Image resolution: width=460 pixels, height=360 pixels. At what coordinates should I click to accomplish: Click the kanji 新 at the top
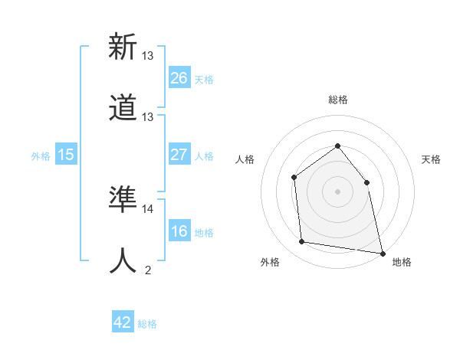(x=123, y=47)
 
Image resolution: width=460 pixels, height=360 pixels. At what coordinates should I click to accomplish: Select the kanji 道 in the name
(x=123, y=107)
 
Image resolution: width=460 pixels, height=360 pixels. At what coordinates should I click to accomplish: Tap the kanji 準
(x=123, y=199)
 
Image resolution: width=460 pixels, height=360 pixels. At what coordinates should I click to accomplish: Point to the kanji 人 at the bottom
(x=123, y=260)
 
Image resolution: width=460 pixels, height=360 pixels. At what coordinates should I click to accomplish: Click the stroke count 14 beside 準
(x=148, y=208)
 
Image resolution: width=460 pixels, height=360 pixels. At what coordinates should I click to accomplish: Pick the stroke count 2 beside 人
(x=148, y=270)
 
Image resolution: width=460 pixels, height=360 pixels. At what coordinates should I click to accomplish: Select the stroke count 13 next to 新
(x=148, y=55)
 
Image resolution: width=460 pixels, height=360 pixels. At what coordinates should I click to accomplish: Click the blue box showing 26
(x=179, y=78)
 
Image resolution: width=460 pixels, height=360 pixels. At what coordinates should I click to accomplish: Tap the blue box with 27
(x=179, y=155)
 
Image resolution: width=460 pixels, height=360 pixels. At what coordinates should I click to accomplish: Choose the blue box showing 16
(x=179, y=231)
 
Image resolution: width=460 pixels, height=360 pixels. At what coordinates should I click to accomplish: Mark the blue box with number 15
(x=66, y=155)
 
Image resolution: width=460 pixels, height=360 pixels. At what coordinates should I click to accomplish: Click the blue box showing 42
(x=123, y=322)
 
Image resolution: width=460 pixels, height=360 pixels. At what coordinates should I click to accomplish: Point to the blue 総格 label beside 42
(x=147, y=324)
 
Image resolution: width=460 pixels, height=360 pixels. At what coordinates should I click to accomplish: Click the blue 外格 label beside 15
(x=41, y=156)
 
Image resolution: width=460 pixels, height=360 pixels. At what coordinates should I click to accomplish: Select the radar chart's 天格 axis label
(x=431, y=159)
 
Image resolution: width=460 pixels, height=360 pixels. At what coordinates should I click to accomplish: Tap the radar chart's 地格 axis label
(x=402, y=262)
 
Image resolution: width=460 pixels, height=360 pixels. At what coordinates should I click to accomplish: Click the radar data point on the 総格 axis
(x=337, y=146)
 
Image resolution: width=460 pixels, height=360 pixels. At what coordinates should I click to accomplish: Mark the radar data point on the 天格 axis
(x=366, y=182)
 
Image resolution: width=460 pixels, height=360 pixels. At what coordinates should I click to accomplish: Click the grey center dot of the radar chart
(x=337, y=191)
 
